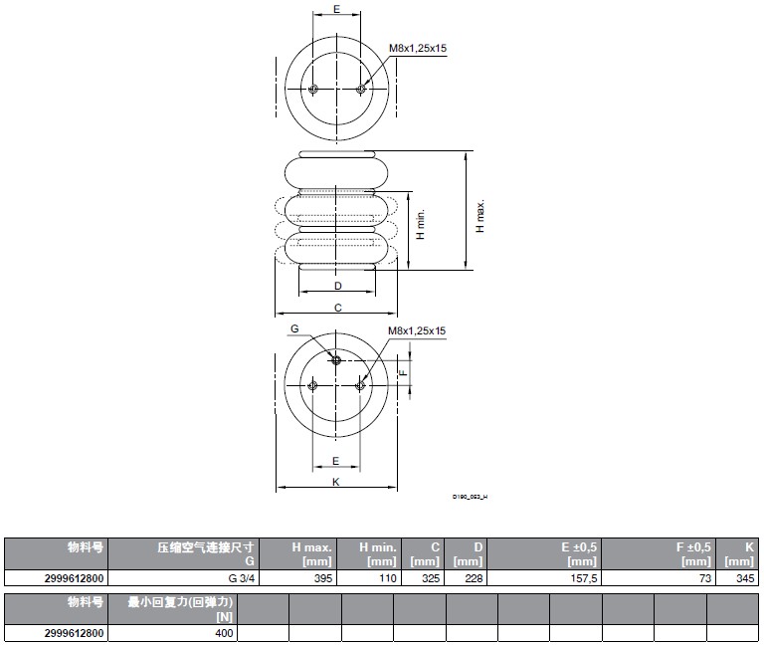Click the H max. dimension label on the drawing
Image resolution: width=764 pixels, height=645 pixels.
479,216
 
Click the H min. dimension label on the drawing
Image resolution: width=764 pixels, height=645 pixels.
421,226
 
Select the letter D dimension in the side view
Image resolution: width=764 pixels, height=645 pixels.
338,286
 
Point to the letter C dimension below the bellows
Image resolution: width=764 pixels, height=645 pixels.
338,308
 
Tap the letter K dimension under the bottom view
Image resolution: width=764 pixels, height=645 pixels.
336,482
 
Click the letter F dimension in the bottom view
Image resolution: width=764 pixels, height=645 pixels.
401,372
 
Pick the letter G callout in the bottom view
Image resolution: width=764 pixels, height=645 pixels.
294,328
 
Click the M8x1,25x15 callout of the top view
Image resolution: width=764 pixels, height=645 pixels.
417,48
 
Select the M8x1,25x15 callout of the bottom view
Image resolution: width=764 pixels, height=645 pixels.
417,331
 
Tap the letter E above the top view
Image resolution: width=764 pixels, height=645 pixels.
336,9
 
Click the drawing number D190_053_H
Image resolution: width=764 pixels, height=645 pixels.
471,496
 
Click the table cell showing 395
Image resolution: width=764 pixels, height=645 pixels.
318,578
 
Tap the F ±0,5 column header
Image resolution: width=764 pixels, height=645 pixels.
686,553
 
